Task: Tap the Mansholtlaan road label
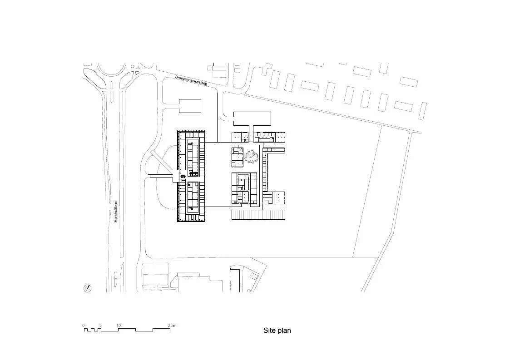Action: coord(116,212)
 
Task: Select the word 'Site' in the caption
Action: coord(269,330)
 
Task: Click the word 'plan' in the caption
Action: coord(284,330)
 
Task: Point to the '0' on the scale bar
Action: coord(84,325)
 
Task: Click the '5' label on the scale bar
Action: coord(100,325)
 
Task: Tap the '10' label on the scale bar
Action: coord(119,325)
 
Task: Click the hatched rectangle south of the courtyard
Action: coord(258,215)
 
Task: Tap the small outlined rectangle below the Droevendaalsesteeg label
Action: coord(190,106)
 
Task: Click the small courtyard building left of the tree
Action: coord(238,157)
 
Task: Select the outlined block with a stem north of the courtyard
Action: coord(252,119)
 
